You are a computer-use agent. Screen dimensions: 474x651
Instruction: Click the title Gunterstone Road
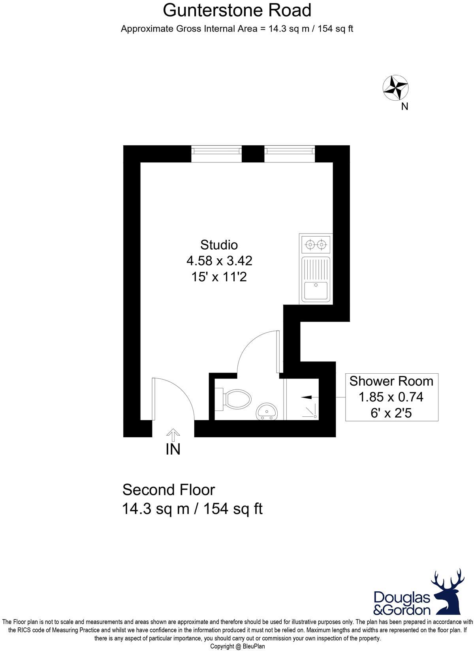pos(237,10)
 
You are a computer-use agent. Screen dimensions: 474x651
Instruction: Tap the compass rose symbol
pos(395,88)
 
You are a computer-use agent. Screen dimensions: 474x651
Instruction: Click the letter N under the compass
pos(404,106)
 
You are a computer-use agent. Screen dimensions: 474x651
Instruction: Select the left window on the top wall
pos(216,153)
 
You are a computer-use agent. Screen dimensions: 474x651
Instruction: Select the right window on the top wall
pos(290,153)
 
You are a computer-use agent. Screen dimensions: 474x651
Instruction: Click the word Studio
pos(219,245)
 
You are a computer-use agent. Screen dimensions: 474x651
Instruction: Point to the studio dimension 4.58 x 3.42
pos(219,261)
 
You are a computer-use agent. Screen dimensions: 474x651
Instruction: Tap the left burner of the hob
pos(310,245)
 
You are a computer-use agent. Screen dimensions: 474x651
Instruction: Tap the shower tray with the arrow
pos(302,399)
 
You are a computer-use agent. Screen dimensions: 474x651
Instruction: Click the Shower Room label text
pos(391,381)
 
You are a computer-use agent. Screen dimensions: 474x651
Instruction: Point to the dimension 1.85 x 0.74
pos(391,397)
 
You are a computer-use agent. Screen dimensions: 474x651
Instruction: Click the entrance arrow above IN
pos(172,435)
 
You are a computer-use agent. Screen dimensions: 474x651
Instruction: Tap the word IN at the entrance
pos(173,450)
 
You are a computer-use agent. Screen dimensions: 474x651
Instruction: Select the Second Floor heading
pos(169,490)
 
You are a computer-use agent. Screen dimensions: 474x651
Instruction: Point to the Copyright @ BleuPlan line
pos(237,647)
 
